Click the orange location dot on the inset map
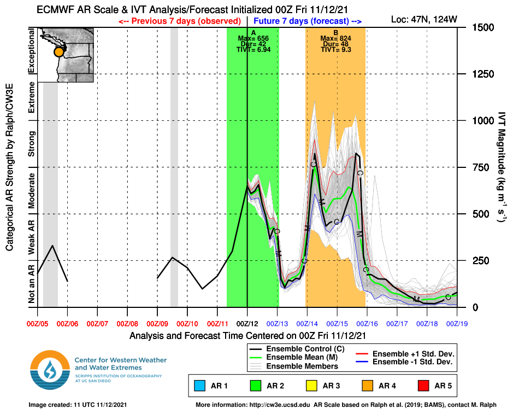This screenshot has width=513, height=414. [x=58, y=53]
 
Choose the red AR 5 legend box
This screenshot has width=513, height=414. [x=423, y=386]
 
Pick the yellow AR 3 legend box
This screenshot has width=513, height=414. [x=312, y=386]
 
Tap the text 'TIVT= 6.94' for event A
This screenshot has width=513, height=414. [x=253, y=49]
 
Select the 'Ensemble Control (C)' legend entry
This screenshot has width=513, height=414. [x=298, y=349]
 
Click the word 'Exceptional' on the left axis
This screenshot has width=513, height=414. [x=31, y=52]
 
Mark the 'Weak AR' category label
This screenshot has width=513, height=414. [x=31, y=237]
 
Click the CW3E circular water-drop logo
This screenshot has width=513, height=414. [x=50, y=371]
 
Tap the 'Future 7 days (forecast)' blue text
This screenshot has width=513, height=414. [x=309, y=21]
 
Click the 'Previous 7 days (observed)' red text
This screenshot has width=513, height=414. [x=180, y=21]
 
